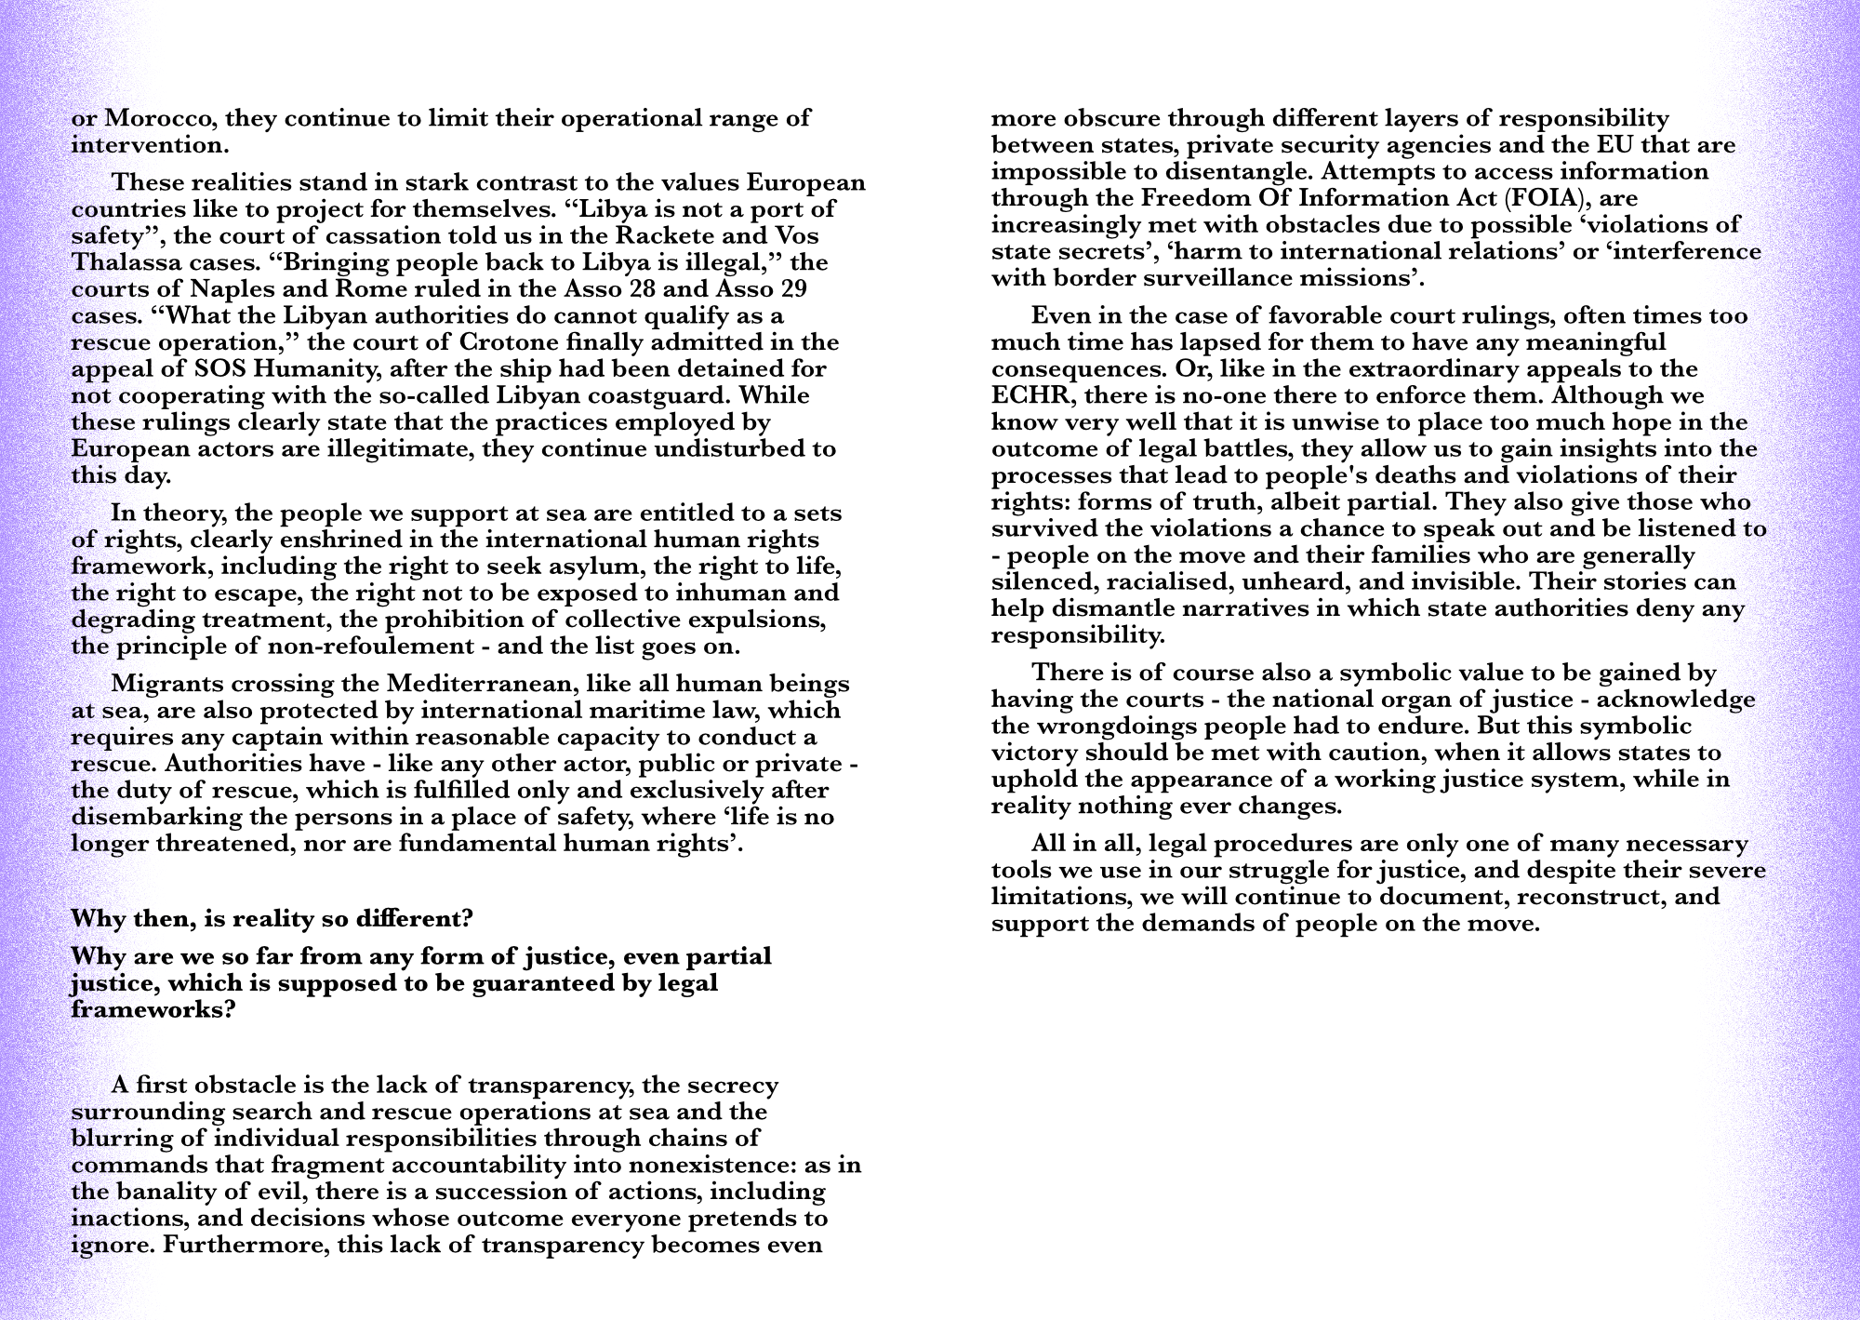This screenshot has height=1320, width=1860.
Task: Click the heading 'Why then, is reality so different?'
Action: [272, 919]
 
